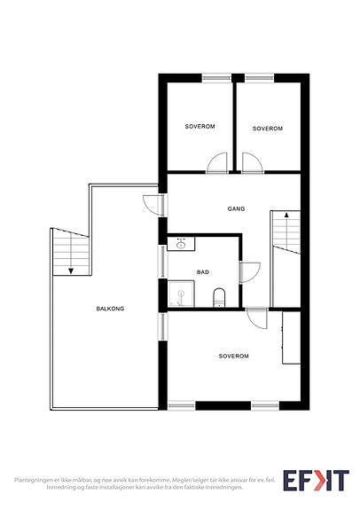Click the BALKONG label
pos(110,309)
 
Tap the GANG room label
pos(236,208)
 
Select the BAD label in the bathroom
pos(202,272)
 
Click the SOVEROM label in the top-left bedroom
pos(200,126)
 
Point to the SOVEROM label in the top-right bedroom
pos(268,129)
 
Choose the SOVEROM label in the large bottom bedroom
pos(233,357)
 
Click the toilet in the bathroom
pos(219,297)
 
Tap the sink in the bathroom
pos(181,244)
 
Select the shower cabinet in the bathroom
pos(181,294)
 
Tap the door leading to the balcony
pos(153,205)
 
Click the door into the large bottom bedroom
pos(257,318)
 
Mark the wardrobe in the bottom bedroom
pos(291,338)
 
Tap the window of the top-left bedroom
pos(216,78)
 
